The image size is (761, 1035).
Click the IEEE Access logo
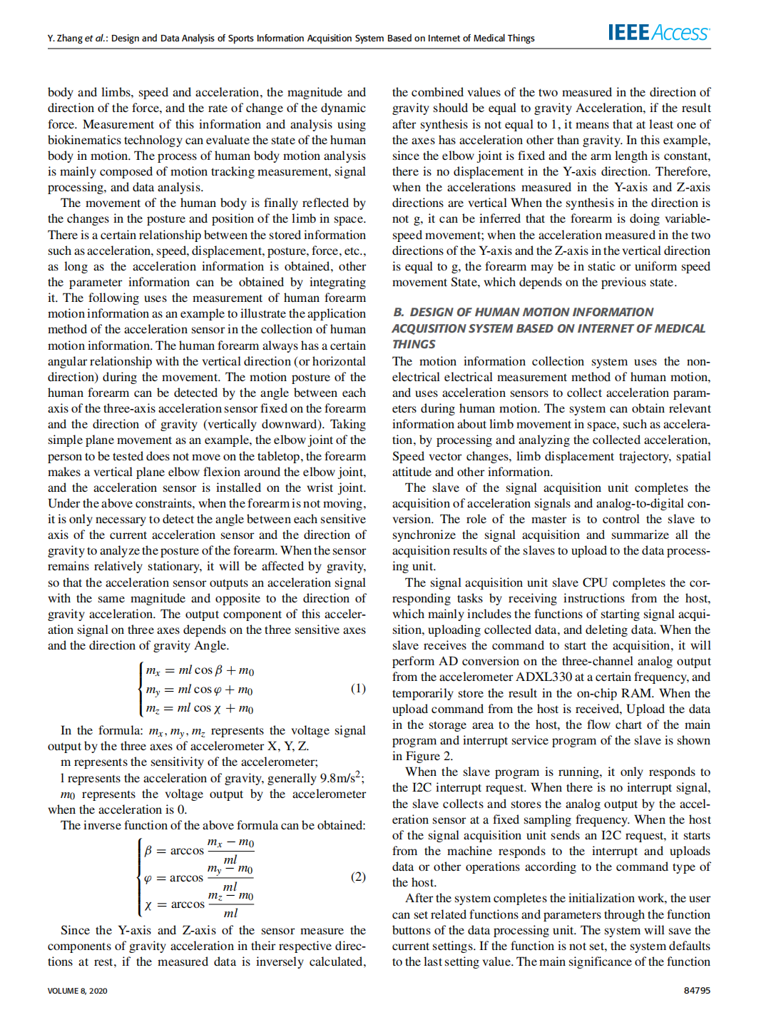tap(658, 32)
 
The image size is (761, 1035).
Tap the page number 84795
tap(697, 991)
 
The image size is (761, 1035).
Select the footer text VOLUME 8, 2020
tap(78, 991)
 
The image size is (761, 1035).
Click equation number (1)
tap(358, 688)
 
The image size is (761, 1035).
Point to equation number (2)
tap(358, 877)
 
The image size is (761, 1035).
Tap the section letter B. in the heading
tap(399, 313)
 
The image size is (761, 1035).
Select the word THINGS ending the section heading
tap(414, 344)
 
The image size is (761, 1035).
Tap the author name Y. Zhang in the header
tap(65, 39)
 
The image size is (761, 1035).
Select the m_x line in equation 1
tap(200, 670)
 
